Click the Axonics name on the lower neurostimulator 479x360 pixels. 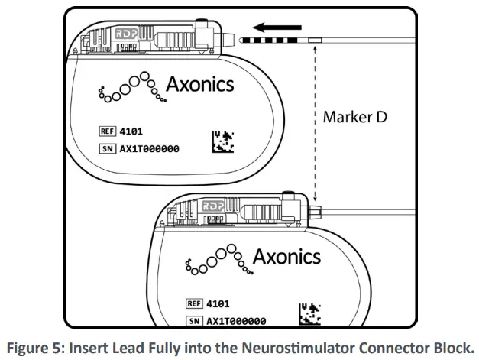(286, 255)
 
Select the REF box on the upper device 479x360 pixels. (107, 131)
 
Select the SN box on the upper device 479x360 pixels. (107, 148)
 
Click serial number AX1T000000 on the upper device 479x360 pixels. (149, 148)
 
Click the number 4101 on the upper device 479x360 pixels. (132, 131)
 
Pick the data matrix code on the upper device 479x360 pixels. (222, 143)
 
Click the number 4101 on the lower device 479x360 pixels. (219, 303)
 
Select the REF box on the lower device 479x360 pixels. (194, 303)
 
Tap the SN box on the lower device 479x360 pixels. (194, 321)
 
